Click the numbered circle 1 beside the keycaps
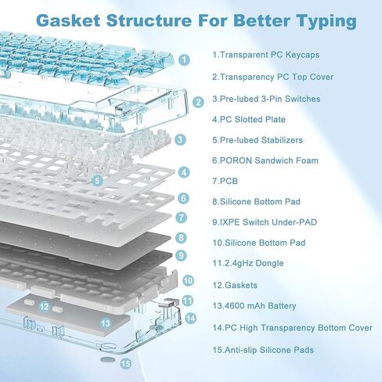pos(185,59)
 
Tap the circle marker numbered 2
pos(198,102)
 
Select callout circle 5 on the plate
pos(97,180)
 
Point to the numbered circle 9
pos(181,255)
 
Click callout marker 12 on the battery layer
pos(44,306)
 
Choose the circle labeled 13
pos(106,323)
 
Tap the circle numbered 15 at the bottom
pos(125,364)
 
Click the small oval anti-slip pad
pos(107,359)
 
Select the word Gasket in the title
pos(68,20)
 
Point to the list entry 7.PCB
pos(225,181)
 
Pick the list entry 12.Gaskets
pos(235,285)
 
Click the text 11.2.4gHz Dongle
pos(248,263)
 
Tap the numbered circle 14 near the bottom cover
pos(191,319)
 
